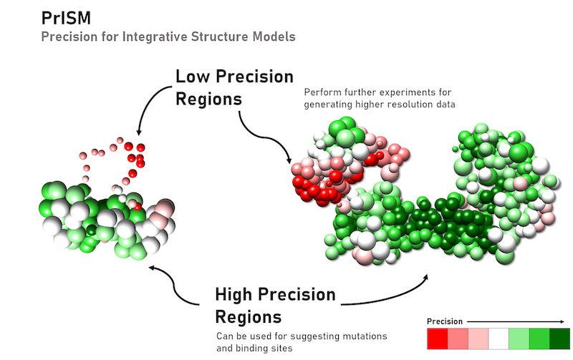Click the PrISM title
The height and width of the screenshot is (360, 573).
click(x=66, y=17)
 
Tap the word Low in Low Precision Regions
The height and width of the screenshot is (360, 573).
click(x=193, y=77)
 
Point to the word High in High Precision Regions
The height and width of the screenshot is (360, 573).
click(x=235, y=295)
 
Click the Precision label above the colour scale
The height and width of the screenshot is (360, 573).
click(x=444, y=321)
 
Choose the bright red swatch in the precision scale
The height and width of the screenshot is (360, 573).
click(x=438, y=339)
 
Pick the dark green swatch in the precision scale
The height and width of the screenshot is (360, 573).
click(x=559, y=339)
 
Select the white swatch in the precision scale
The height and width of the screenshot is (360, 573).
click(x=499, y=339)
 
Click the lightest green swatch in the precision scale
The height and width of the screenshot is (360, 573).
click(x=519, y=339)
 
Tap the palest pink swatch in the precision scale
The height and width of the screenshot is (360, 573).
click(x=478, y=339)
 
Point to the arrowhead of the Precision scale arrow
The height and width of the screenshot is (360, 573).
click(x=563, y=321)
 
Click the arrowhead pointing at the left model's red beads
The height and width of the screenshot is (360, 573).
click(x=138, y=132)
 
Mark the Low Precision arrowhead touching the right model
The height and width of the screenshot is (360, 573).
click(x=289, y=160)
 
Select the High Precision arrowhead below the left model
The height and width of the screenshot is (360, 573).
click(x=151, y=268)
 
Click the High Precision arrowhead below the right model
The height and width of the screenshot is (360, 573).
click(x=426, y=277)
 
